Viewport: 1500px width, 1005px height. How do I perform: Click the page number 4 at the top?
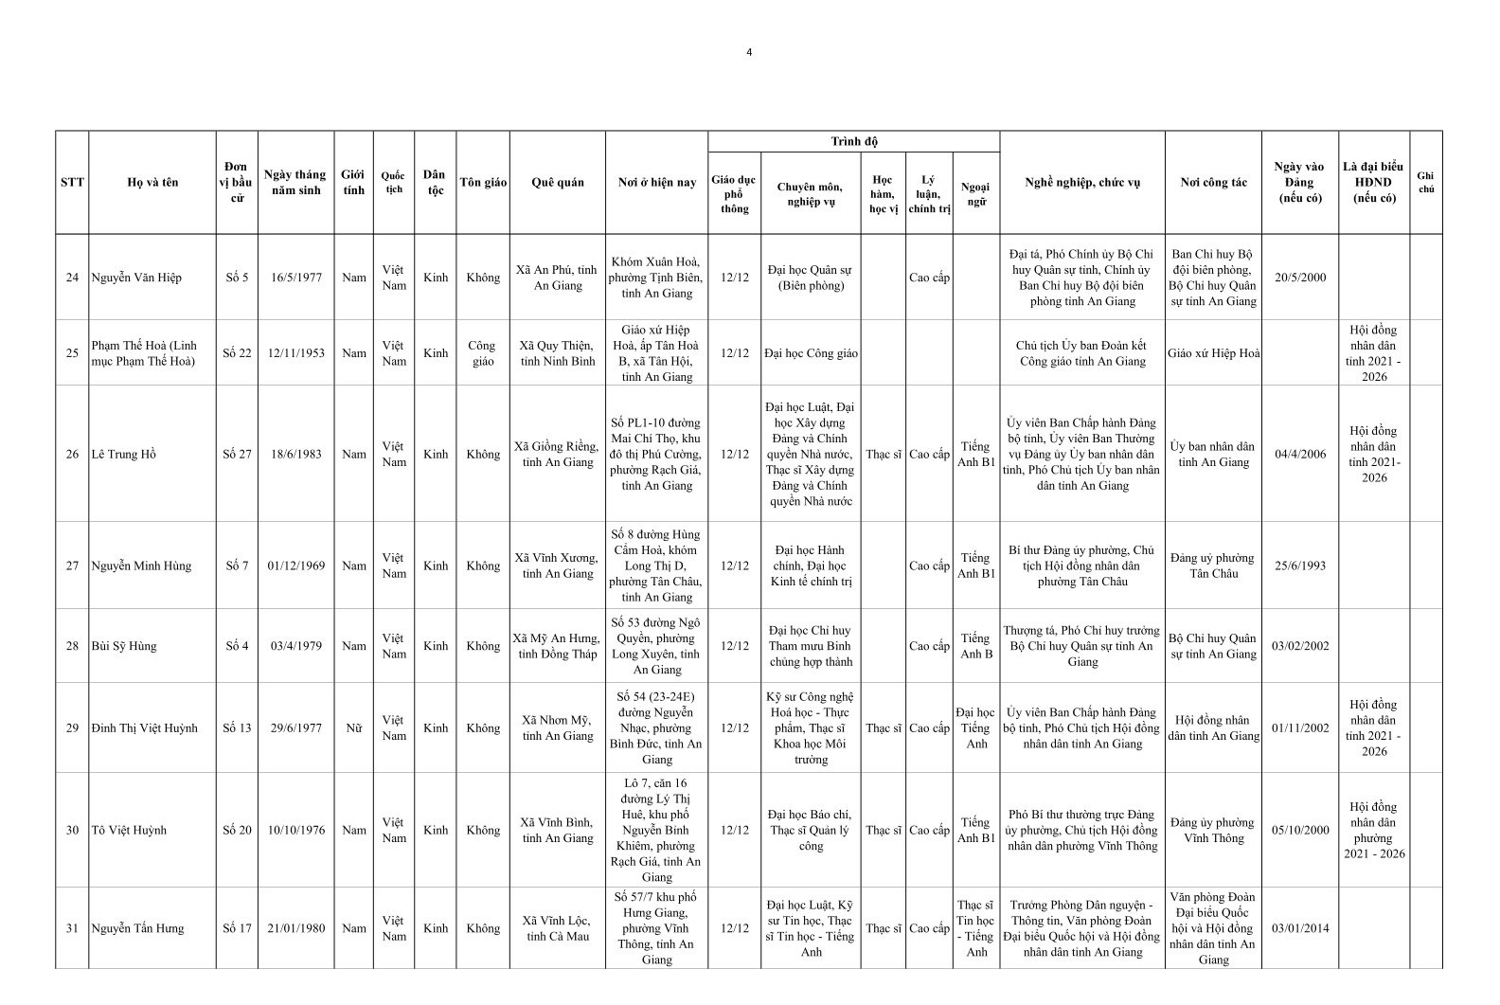[x=749, y=52]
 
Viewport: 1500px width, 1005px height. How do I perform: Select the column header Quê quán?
[x=558, y=183]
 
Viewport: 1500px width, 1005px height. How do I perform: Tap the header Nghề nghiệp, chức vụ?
[x=1081, y=183]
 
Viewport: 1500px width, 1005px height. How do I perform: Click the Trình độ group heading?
[x=853, y=142]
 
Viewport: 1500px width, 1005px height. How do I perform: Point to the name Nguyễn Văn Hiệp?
[x=136, y=278]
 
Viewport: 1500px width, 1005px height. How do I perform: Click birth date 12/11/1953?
[x=295, y=353]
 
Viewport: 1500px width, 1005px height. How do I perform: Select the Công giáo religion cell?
[x=482, y=353]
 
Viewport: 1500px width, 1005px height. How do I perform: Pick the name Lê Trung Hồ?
[x=123, y=454]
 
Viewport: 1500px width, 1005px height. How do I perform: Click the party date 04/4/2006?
[x=1299, y=454]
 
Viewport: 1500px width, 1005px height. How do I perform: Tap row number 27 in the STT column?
[x=72, y=565]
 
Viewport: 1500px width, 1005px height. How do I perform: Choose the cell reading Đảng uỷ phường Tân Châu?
[x=1212, y=565]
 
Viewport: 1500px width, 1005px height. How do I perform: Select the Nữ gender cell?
[x=353, y=728]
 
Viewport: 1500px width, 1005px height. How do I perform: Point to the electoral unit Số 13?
[x=237, y=728]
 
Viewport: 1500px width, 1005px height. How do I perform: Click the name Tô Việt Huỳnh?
[x=129, y=830]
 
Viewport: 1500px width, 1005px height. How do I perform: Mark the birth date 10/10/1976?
[x=295, y=830]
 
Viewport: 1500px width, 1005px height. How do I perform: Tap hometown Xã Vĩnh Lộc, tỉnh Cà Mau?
[x=558, y=928]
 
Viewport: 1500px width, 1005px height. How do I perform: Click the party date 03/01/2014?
[x=1299, y=928]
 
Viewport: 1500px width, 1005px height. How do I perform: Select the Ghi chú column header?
[x=1425, y=183]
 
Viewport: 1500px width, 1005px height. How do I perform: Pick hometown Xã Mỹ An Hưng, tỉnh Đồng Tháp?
[x=558, y=646]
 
